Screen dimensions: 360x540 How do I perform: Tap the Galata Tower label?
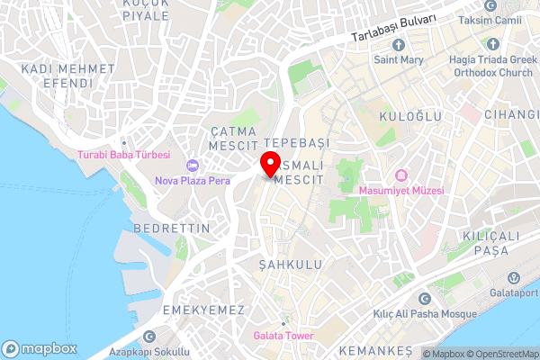[x=283, y=336]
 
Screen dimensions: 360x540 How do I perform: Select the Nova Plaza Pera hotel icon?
[x=191, y=166]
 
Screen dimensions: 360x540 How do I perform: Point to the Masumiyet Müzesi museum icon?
[x=401, y=175]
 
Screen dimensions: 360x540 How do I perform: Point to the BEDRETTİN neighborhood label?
[x=171, y=229]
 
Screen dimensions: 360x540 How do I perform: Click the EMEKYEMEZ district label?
[x=204, y=310]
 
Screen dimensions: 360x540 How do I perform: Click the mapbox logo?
[x=40, y=348]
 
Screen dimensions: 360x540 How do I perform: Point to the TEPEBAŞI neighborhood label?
[x=298, y=144]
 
